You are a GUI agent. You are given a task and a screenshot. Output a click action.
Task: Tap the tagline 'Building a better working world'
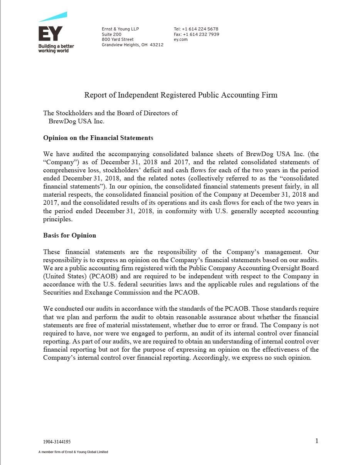tap(56, 48)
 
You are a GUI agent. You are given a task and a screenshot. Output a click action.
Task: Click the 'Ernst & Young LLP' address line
tap(120, 29)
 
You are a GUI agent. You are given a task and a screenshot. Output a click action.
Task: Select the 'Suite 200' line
tap(111, 34)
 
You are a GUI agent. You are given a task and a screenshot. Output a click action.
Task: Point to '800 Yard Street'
tap(118, 39)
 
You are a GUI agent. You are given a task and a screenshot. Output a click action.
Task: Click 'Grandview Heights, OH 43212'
tap(132, 45)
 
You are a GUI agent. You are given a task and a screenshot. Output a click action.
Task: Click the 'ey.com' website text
tap(180, 39)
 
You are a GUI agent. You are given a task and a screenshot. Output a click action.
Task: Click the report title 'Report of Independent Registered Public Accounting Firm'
tap(181, 95)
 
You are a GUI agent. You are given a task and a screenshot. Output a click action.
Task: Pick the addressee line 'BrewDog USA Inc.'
tap(76, 121)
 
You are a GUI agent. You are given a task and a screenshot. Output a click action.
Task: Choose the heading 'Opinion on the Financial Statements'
tap(98, 138)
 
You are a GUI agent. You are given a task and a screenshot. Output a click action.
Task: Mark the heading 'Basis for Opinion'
tap(69, 235)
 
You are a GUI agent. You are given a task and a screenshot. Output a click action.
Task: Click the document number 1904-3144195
tap(57, 442)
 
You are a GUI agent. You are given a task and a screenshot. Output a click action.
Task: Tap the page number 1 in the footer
tap(317, 441)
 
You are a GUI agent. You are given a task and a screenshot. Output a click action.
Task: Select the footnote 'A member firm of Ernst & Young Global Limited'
tap(73, 452)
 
